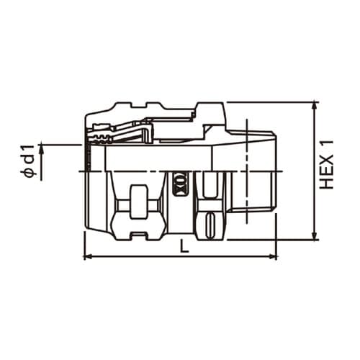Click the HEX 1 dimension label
tap(327, 164)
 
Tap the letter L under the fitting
tap(184, 246)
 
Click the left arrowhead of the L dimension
tap(88, 257)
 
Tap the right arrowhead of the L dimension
tap(273, 257)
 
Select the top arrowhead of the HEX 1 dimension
tap(315, 106)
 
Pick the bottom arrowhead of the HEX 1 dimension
tap(315, 235)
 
